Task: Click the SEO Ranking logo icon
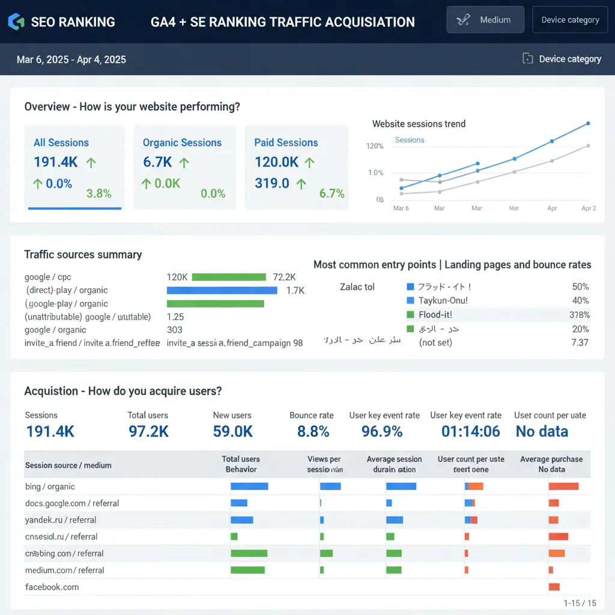tap(16, 22)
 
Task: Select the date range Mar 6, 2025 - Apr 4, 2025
tap(71, 59)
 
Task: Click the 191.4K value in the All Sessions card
tap(56, 162)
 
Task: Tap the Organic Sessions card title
tap(182, 143)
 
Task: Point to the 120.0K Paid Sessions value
tap(276, 162)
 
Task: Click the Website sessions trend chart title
tap(419, 124)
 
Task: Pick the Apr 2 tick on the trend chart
tap(589, 208)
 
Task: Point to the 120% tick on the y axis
tap(374, 146)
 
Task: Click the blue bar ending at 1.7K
tap(222, 291)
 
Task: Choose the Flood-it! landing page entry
tap(435, 315)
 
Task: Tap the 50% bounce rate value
tap(580, 287)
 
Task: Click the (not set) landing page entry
tap(435, 343)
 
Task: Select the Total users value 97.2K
tap(148, 431)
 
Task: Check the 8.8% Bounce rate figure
tap(313, 431)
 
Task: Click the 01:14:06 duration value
tap(471, 431)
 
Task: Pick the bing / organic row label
tap(50, 486)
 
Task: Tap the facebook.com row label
tap(52, 587)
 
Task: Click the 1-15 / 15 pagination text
tap(580, 603)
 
